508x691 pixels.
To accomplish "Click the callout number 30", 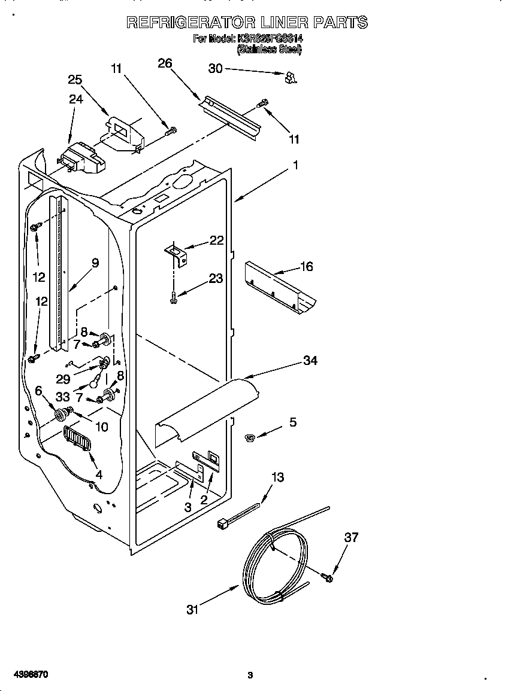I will (x=215, y=69).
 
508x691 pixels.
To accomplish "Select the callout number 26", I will (x=165, y=63).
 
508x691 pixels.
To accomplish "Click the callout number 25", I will (x=75, y=80).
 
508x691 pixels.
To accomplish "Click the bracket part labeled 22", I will (x=177, y=253).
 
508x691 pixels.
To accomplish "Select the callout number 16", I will (x=306, y=266).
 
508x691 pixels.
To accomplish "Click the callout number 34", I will (x=310, y=360).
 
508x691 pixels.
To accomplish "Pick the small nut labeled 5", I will (x=250, y=439).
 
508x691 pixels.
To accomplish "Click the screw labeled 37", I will (x=327, y=577).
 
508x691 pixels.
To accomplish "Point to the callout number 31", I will (x=192, y=610).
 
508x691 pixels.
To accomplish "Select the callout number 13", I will (x=277, y=477).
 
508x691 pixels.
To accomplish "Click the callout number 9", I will (x=95, y=262).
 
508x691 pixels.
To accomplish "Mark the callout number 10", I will (x=101, y=427).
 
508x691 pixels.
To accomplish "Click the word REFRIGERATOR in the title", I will (x=192, y=23).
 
